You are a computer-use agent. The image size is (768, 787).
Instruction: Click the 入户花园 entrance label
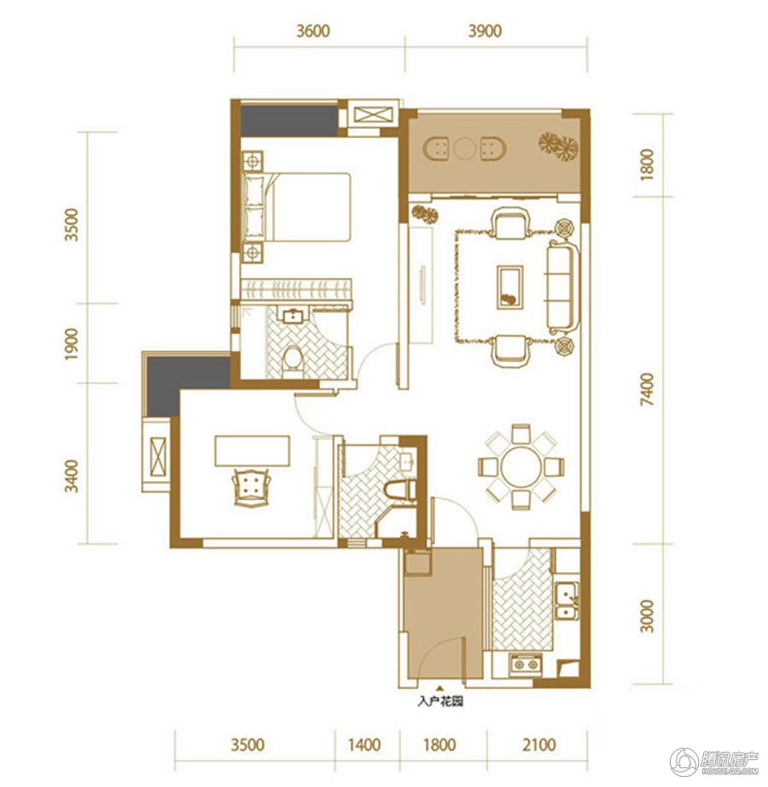click(x=440, y=702)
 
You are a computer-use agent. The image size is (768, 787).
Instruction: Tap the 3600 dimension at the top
click(x=313, y=31)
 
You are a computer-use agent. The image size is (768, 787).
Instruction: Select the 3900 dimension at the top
click(x=485, y=31)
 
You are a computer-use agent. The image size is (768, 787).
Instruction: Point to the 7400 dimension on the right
click(x=648, y=389)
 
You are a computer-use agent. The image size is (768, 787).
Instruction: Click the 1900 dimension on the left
click(x=72, y=344)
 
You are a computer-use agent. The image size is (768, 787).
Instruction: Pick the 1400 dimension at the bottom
click(x=364, y=744)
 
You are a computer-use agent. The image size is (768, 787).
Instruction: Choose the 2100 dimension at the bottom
click(x=538, y=744)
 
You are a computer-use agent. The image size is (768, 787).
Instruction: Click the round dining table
click(x=521, y=466)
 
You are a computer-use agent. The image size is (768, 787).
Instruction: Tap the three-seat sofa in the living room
click(x=562, y=287)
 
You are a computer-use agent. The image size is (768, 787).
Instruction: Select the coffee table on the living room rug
click(x=509, y=286)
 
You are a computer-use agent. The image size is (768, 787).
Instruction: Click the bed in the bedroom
click(x=296, y=207)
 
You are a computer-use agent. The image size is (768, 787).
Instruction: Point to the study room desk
click(x=252, y=451)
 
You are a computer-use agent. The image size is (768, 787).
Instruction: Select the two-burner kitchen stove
click(x=526, y=664)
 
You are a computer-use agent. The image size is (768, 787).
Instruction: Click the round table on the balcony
click(x=464, y=148)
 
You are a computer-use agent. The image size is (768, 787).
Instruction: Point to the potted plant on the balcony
click(x=559, y=146)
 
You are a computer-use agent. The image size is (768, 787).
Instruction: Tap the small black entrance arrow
click(x=440, y=689)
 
